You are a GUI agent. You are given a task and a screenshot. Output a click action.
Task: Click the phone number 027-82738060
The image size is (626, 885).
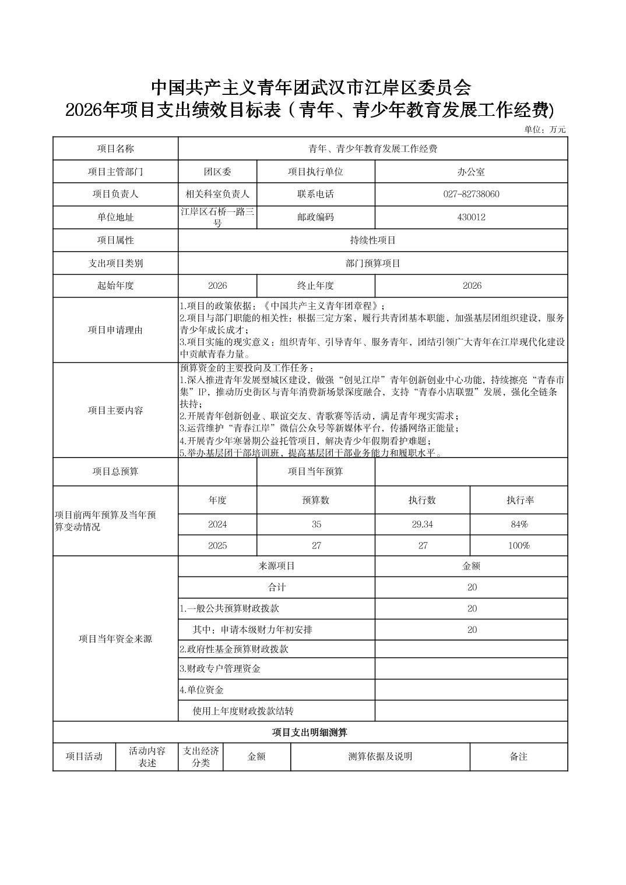[x=471, y=194]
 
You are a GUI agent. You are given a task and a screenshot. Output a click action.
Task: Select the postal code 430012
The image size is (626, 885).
[x=471, y=217]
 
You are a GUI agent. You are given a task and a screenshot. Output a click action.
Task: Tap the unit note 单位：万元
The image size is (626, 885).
[x=545, y=130]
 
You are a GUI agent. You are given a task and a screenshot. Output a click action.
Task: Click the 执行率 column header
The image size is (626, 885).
[x=519, y=500]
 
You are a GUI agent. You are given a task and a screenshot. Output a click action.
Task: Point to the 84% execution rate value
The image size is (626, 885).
[x=519, y=524]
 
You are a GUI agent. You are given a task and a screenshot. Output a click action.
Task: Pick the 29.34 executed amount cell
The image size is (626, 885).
[x=422, y=524]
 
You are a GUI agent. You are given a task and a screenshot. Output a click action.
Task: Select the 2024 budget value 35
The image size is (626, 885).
[x=316, y=524]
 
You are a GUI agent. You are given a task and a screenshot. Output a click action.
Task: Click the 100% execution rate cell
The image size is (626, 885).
[x=519, y=546]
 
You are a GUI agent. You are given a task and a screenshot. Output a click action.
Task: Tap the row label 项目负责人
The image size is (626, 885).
[x=115, y=194]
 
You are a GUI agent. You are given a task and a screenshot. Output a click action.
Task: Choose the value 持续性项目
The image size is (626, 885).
[x=372, y=240]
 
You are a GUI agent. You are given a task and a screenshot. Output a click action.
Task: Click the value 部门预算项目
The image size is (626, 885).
[x=372, y=263]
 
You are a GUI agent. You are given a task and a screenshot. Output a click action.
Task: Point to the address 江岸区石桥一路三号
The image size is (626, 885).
[x=217, y=217]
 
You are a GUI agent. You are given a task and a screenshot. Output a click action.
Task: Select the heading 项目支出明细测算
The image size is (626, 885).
[x=310, y=732]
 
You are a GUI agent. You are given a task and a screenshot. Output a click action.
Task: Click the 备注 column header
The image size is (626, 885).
[x=518, y=756]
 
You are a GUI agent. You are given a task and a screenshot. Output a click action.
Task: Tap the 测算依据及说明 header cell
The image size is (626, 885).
[x=380, y=756]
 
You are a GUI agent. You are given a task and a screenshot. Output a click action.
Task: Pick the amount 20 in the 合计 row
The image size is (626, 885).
[x=472, y=587]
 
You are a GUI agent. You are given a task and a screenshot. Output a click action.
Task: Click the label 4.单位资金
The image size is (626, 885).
[x=202, y=690]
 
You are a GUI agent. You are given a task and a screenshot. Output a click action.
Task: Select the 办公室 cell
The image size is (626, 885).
[x=471, y=172]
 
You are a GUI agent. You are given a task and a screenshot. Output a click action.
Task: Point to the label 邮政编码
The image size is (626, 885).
[x=315, y=217]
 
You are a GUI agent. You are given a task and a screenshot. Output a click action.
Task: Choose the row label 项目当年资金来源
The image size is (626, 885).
[x=115, y=639]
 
